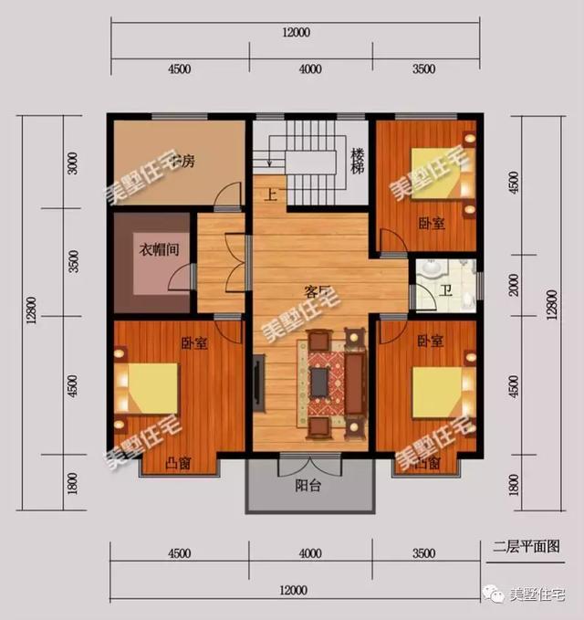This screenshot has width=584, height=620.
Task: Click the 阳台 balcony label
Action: [x=308, y=486]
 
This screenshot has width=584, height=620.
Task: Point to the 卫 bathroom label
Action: [x=444, y=291]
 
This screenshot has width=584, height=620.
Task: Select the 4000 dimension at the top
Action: [x=310, y=68]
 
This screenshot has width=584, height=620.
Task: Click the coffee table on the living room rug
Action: [x=318, y=382]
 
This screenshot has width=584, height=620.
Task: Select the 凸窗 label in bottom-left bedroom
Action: [x=179, y=464]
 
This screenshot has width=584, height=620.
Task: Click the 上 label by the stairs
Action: [x=270, y=194]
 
